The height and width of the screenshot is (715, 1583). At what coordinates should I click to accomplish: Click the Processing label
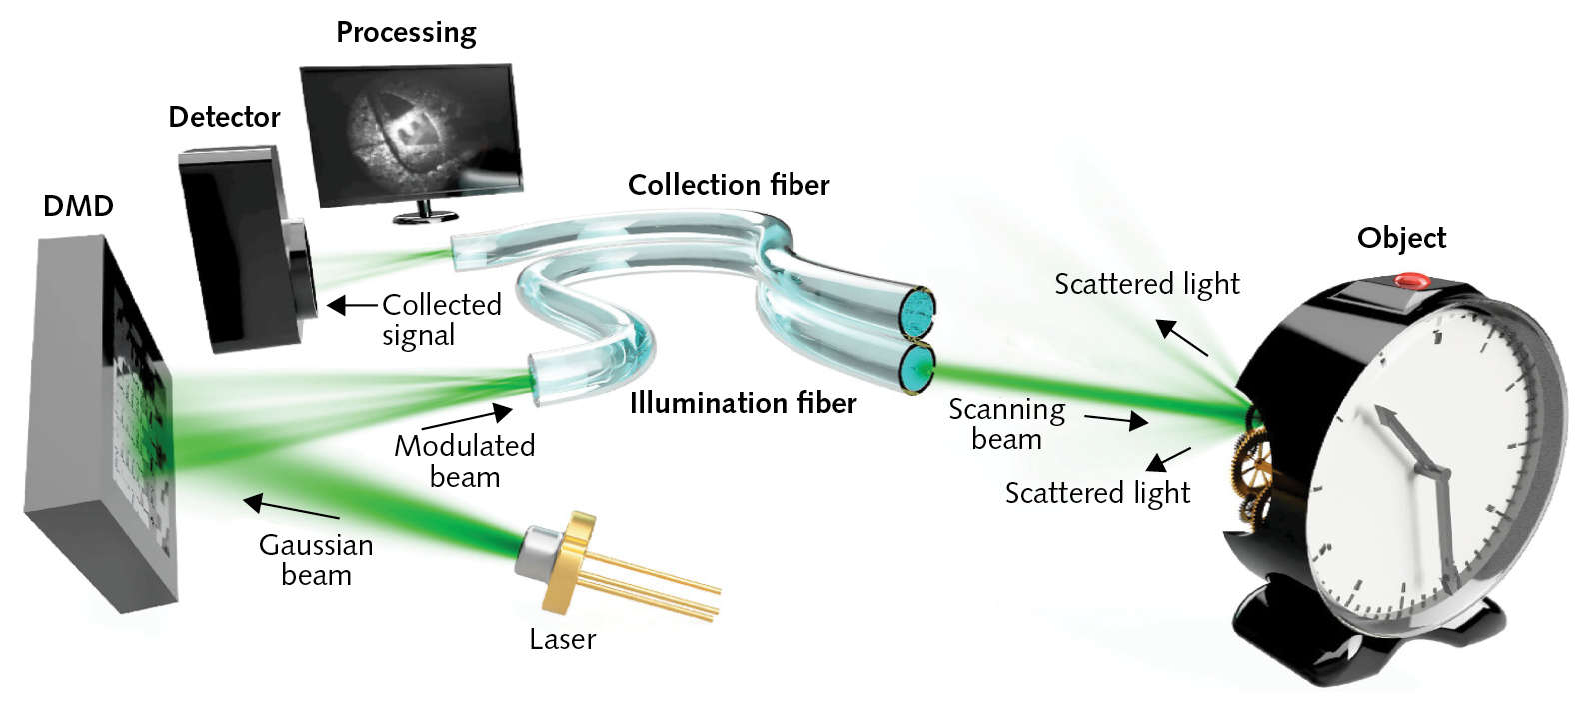(406, 33)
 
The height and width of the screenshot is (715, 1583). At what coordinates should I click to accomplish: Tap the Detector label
(224, 117)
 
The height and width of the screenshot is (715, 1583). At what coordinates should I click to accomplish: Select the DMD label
(78, 206)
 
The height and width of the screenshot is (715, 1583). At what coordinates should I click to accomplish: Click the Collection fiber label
(729, 185)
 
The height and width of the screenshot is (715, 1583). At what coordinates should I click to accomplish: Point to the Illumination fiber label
(743, 403)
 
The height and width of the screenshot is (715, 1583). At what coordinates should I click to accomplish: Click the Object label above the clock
(1401, 238)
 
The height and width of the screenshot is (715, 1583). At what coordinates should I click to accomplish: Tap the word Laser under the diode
(562, 639)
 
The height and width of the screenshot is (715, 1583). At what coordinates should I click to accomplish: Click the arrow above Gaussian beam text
(291, 509)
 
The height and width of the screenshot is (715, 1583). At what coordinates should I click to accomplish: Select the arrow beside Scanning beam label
(1116, 420)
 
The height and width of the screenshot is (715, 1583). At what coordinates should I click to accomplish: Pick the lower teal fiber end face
(916, 369)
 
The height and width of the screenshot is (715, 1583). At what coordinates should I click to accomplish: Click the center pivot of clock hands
(1440, 473)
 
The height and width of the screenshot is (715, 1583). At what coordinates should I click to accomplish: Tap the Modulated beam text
(464, 461)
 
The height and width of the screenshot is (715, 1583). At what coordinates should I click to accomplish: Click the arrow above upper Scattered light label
(1182, 338)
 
